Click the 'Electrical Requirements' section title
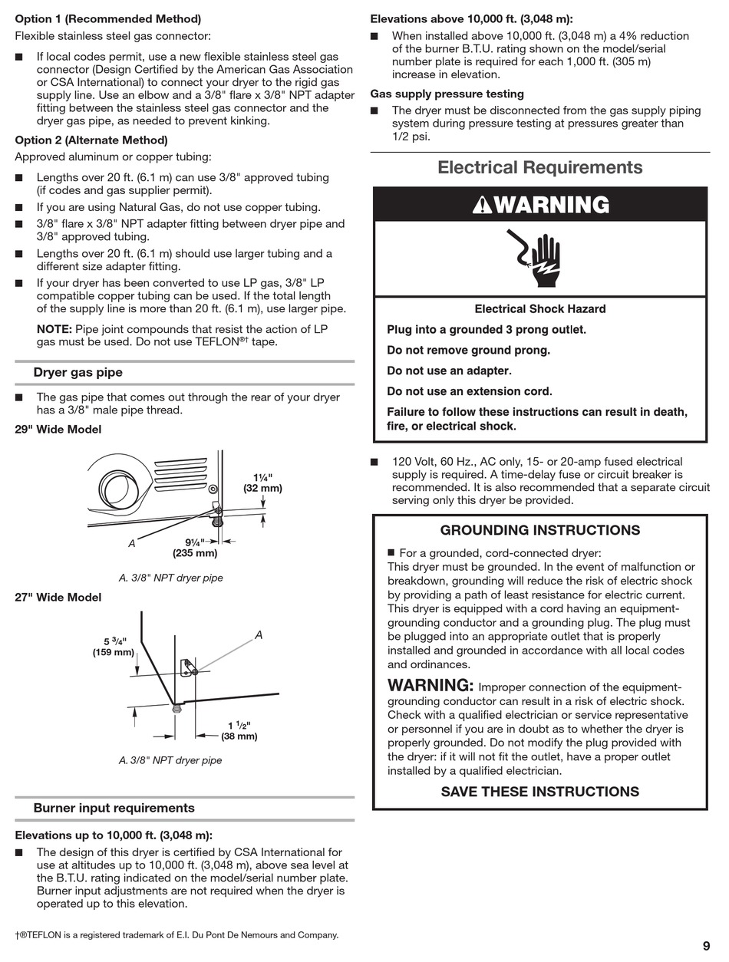(539, 167)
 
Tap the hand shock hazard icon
(540, 259)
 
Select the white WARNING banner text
(541, 205)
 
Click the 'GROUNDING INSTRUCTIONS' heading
(539, 530)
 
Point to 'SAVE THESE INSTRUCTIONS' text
(539, 792)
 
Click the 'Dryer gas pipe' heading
(78, 373)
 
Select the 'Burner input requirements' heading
(114, 808)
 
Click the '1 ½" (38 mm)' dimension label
(239, 730)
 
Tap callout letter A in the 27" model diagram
(259, 635)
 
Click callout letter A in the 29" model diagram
(131, 543)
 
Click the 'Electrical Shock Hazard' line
(539, 309)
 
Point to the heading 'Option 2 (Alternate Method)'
(91, 140)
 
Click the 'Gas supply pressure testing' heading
(447, 94)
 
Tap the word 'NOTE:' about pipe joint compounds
(54, 329)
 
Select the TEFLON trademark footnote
(176, 935)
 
